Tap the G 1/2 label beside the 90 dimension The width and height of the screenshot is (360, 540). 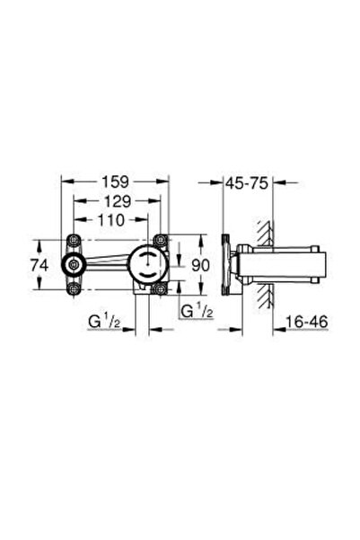tap(197, 312)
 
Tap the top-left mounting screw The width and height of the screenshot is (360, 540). tap(72, 241)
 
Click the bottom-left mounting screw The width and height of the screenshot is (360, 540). tap(72, 288)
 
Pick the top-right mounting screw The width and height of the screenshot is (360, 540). tap(160, 241)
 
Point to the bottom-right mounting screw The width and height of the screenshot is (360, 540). tap(160, 288)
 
